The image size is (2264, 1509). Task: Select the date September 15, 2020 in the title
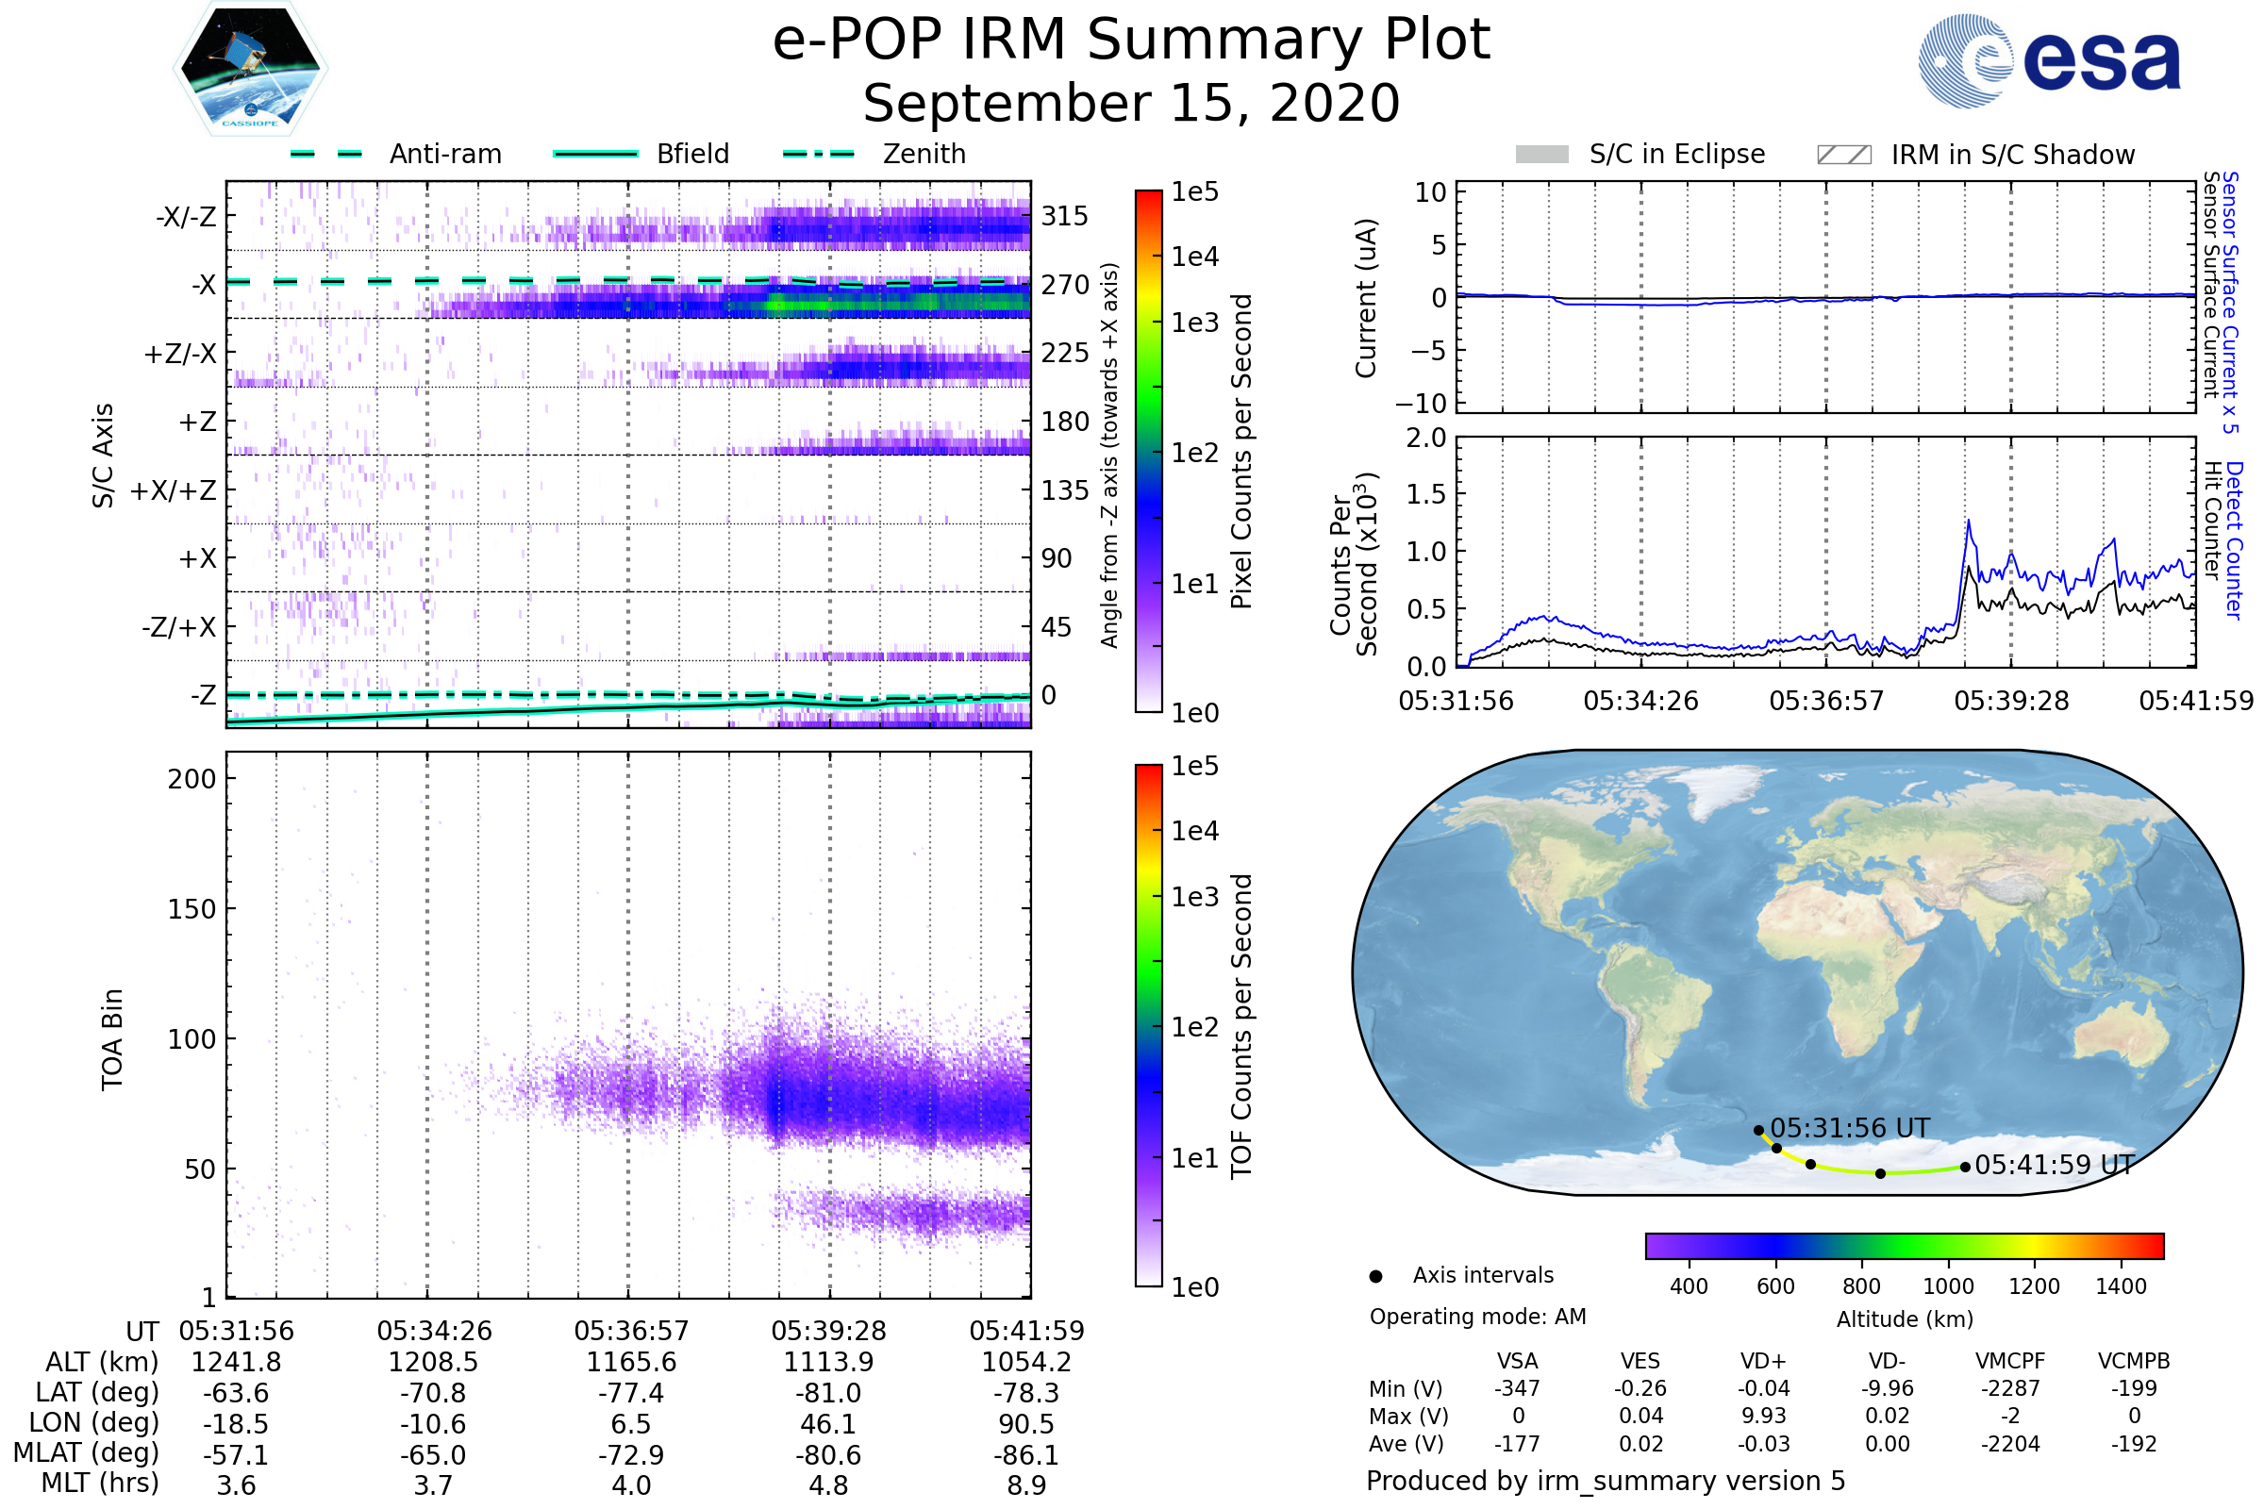[1131, 104]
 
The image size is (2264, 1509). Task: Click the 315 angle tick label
[1064, 217]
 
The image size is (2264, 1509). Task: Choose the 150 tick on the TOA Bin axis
[191, 909]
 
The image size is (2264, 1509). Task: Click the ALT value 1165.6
[631, 1363]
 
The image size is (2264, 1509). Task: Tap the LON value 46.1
[828, 1424]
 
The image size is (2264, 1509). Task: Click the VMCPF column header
[2010, 1362]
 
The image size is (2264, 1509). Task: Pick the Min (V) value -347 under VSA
[1517, 1388]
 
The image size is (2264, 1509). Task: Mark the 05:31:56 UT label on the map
[1849, 1128]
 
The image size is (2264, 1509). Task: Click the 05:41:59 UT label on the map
[2055, 1166]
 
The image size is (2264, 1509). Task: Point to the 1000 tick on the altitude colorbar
[1947, 1286]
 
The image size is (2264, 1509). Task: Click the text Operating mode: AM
[1477, 1317]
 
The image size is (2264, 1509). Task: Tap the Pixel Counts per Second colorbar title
[1241, 452]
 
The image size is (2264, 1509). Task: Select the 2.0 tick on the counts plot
[1425, 439]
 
